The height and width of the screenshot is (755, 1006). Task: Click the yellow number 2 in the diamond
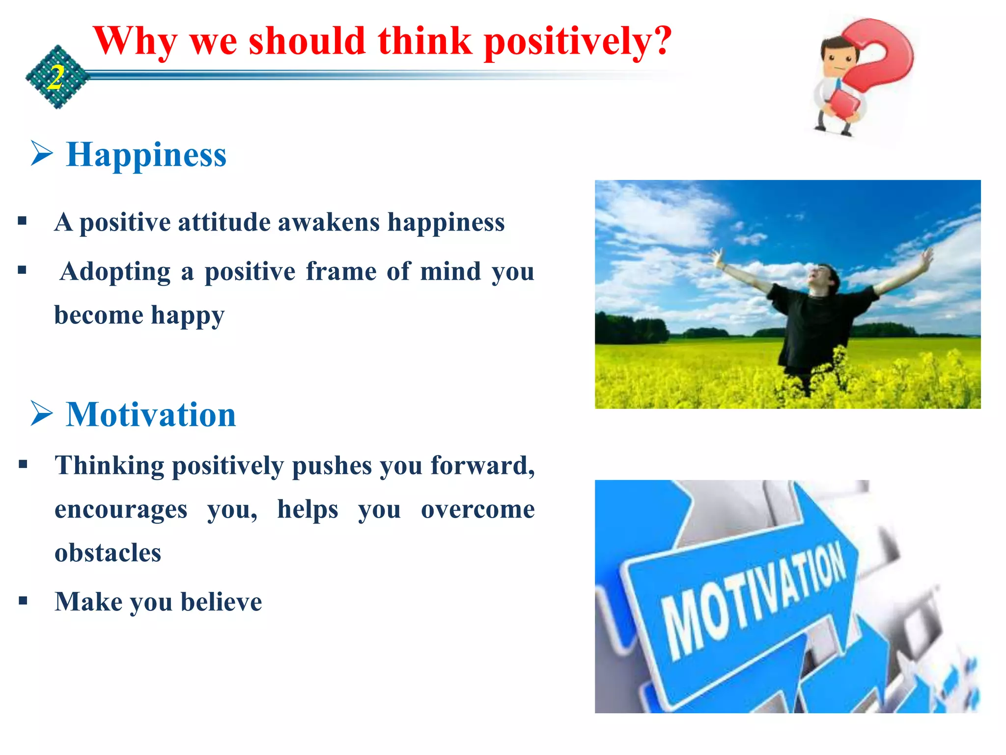(x=56, y=78)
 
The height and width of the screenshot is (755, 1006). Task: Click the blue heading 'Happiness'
(x=146, y=154)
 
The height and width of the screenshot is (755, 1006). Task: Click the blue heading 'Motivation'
(x=151, y=414)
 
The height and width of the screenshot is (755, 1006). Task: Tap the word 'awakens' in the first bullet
(x=329, y=222)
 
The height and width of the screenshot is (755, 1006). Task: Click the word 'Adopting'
(x=115, y=272)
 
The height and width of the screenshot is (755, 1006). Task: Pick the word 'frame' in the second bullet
(x=341, y=272)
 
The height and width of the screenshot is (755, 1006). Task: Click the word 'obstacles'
(x=108, y=553)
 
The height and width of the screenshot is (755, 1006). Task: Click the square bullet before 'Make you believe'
(x=23, y=600)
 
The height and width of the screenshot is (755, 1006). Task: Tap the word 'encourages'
(x=121, y=509)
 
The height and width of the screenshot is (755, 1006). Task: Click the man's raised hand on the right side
(x=926, y=257)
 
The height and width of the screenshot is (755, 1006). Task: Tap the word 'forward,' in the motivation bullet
(x=482, y=465)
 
